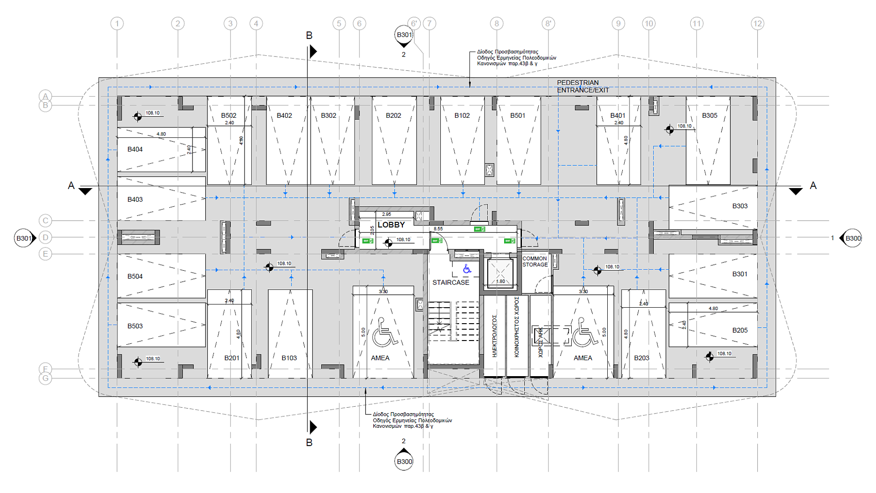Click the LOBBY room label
pos(391,225)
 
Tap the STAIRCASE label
pos(451,283)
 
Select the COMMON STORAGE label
pos(535,262)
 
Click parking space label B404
pos(135,149)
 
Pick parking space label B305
pos(709,115)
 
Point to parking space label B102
pos(462,115)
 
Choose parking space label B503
pos(135,326)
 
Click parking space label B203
pos(641,358)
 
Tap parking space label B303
pos(740,206)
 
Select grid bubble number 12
pos(757,23)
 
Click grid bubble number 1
pos(117,23)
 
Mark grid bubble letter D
pos(45,237)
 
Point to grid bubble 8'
pos(548,23)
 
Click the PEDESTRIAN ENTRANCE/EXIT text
pos(582,86)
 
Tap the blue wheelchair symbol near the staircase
pos(467,269)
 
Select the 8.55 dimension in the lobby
pos(438,229)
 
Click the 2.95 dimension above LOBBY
pos(386,214)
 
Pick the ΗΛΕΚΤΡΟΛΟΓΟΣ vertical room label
pos(495,336)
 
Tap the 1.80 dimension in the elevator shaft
pos(501,281)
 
